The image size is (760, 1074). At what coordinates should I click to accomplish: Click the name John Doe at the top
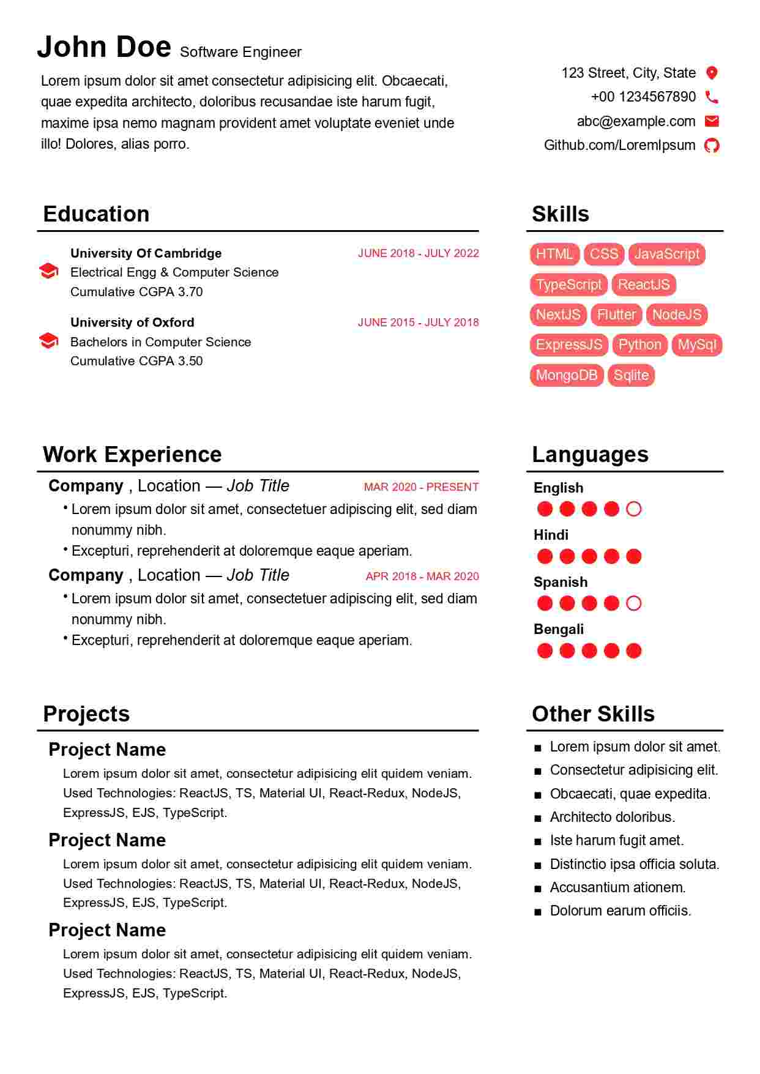click(104, 47)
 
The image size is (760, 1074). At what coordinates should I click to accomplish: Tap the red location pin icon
click(711, 73)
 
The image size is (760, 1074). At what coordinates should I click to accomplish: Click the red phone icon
click(711, 97)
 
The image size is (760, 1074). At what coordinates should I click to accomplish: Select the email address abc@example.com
click(636, 121)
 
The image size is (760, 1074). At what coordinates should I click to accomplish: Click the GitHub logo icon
click(712, 145)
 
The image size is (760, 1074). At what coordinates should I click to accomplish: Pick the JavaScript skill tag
click(666, 254)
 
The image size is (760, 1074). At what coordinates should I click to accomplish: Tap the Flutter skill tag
click(616, 315)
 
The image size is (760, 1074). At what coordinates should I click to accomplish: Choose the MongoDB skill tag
click(567, 375)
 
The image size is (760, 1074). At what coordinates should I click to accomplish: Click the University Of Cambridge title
click(146, 253)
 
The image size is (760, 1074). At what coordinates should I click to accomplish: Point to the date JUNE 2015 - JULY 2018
click(418, 323)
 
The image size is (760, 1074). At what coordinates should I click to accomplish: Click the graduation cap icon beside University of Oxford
click(48, 341)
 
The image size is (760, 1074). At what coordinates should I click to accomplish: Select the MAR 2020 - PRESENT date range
click(421, 487)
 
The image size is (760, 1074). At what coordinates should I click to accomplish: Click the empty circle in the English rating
click(634, 509)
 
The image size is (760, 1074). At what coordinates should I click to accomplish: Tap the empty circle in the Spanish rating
click(634, 603)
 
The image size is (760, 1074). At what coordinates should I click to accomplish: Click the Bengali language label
click(558, 629)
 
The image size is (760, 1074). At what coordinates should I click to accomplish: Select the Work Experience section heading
click(132, 455)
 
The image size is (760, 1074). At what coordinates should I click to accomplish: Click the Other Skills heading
click(593, 714)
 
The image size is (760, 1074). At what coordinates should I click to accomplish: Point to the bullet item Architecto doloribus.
click(612, 817)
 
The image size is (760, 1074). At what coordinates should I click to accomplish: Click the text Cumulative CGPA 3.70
click(136, 292)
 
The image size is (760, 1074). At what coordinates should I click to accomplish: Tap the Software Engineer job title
click(240, 52)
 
